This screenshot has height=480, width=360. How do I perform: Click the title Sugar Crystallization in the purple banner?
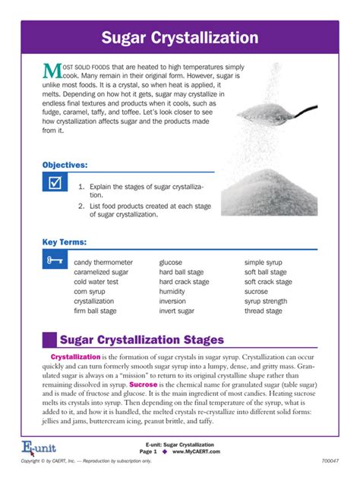click(180, 37)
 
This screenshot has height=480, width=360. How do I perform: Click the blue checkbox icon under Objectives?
click(53, 184)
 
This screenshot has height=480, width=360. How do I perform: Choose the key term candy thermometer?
click(103, 262)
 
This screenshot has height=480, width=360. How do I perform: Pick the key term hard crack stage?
click(184, 282)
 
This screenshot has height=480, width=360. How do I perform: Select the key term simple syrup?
click(264, 262)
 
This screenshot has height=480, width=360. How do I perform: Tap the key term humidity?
click(173, 292)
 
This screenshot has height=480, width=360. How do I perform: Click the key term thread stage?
click(264, 311)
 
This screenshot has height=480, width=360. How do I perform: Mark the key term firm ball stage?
click(95, 311)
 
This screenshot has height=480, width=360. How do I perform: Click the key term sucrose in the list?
click(256, 292)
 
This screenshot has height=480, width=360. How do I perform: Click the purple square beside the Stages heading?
click(49, 339)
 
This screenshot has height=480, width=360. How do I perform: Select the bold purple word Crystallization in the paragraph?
click(75, 357)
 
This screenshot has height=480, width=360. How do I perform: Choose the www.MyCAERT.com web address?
click(196, 451)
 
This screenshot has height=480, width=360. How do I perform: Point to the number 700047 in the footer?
click(330, 461)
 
